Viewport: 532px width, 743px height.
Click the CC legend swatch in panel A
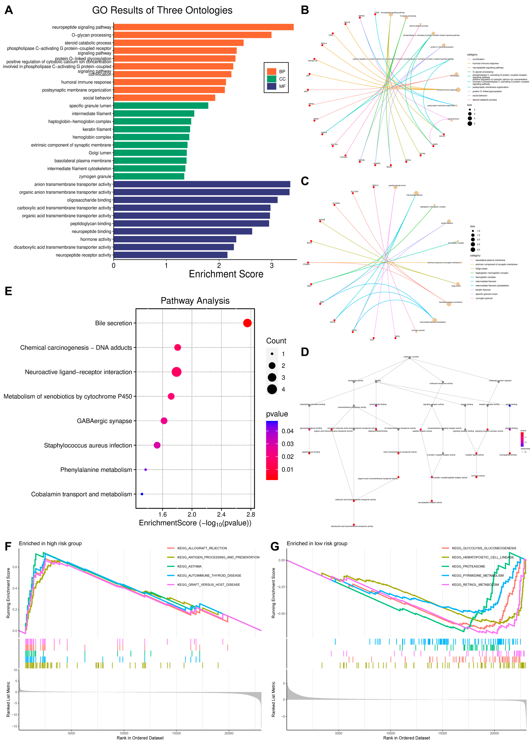271,79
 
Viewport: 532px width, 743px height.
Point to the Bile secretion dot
247,323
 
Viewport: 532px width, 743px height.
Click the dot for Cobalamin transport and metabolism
142,494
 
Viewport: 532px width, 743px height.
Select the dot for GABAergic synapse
164,421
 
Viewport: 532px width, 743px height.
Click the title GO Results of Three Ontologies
162,10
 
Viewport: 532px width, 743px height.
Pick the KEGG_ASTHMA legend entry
189,566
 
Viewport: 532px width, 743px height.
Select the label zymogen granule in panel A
95,177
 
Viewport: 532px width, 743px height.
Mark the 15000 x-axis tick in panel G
442,733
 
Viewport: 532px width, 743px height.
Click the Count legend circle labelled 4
272,389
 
